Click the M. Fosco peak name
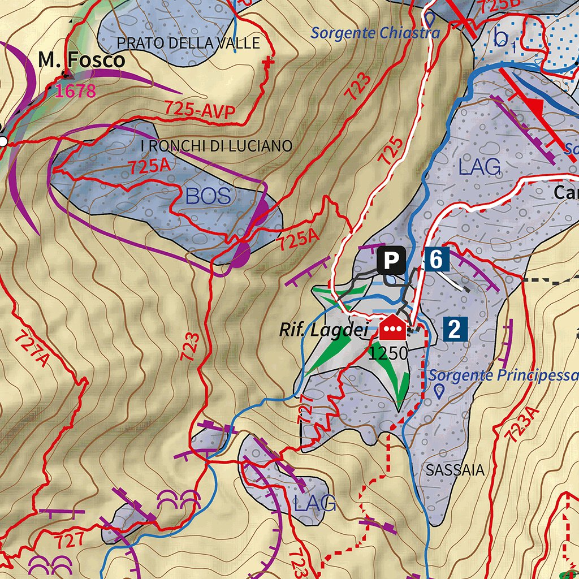click(81, 60)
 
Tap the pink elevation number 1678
click(76, 90)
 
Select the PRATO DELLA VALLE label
click(188, 43)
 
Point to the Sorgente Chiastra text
click(375, 33)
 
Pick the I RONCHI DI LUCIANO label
click(216, 146)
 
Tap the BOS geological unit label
click(208, 196)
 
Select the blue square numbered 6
click(436, 260)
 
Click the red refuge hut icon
click(393, 328)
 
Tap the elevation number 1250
click(388, 354)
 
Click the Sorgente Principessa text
click(503, 375)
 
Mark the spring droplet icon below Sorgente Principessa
click(439, 391)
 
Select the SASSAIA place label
click(455, 470)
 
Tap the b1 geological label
click(504, 40)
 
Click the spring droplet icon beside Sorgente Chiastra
click(431, 19)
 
